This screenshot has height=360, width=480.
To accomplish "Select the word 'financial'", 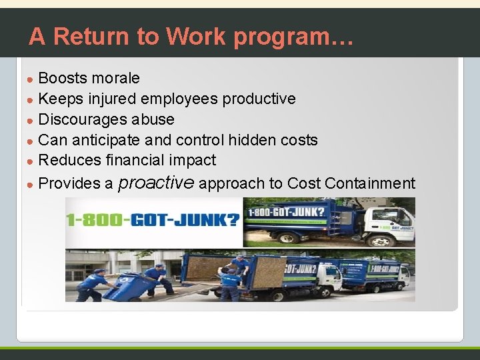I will coord(136,160).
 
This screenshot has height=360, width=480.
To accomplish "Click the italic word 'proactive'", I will coord(156,183).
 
